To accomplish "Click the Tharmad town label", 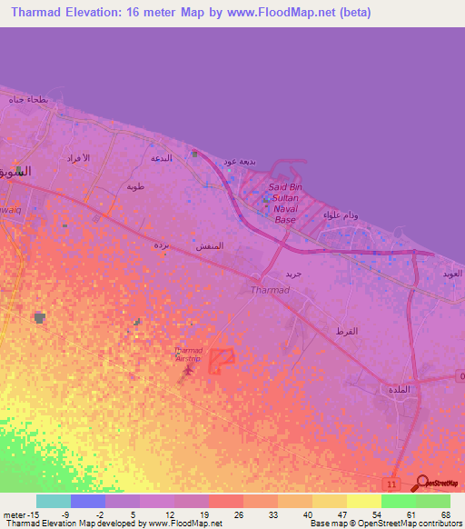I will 269,291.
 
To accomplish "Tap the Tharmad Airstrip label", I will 188,354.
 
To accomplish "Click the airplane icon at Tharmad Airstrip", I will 188,369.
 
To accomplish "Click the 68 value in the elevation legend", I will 446,514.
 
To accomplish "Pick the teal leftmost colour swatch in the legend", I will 54,501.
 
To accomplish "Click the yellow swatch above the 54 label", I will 364,501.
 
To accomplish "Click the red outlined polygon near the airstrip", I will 222,362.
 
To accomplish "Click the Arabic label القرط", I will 346,330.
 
